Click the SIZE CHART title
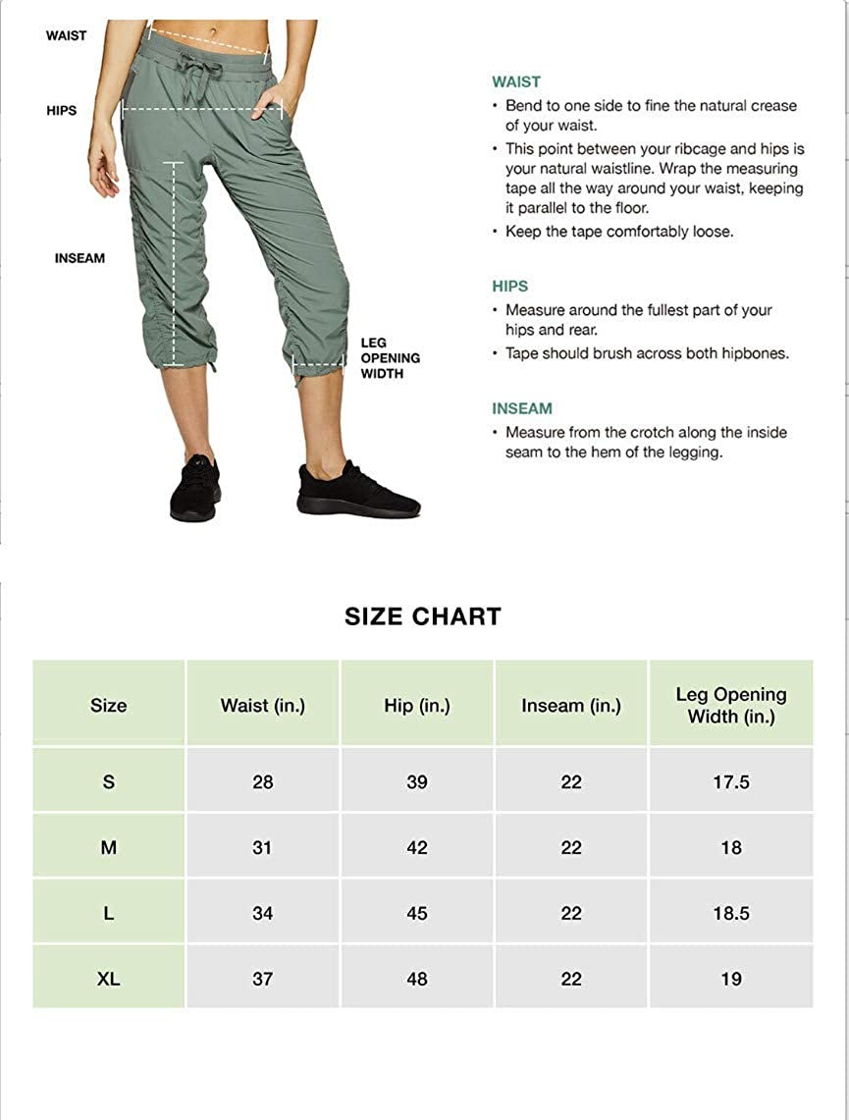click(x=423, y=616)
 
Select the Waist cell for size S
click(x=262, y=782)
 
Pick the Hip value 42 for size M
click(x=417, y=847)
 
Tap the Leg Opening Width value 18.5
click(x=731, y=913)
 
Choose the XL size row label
click(x=108, y=979)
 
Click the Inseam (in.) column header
click(x=571, y=705)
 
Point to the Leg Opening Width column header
click(x=731, y=705)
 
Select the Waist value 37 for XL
click(x=262, y=979)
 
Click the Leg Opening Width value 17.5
click(x=731, y=782)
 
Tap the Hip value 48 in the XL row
click(x=417, y=979)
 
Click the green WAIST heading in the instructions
click(x=516, y=82)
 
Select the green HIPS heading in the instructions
click(x=510, y=287)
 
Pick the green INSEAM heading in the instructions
click(x=522, y=408)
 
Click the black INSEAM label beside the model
click(x=80, y=258)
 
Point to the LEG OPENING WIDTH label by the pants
click(x=390, y=357)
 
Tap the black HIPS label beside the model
click(x=61, y=111)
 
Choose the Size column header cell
click(x=108, y=705)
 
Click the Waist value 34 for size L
click(x=262, y=913)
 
